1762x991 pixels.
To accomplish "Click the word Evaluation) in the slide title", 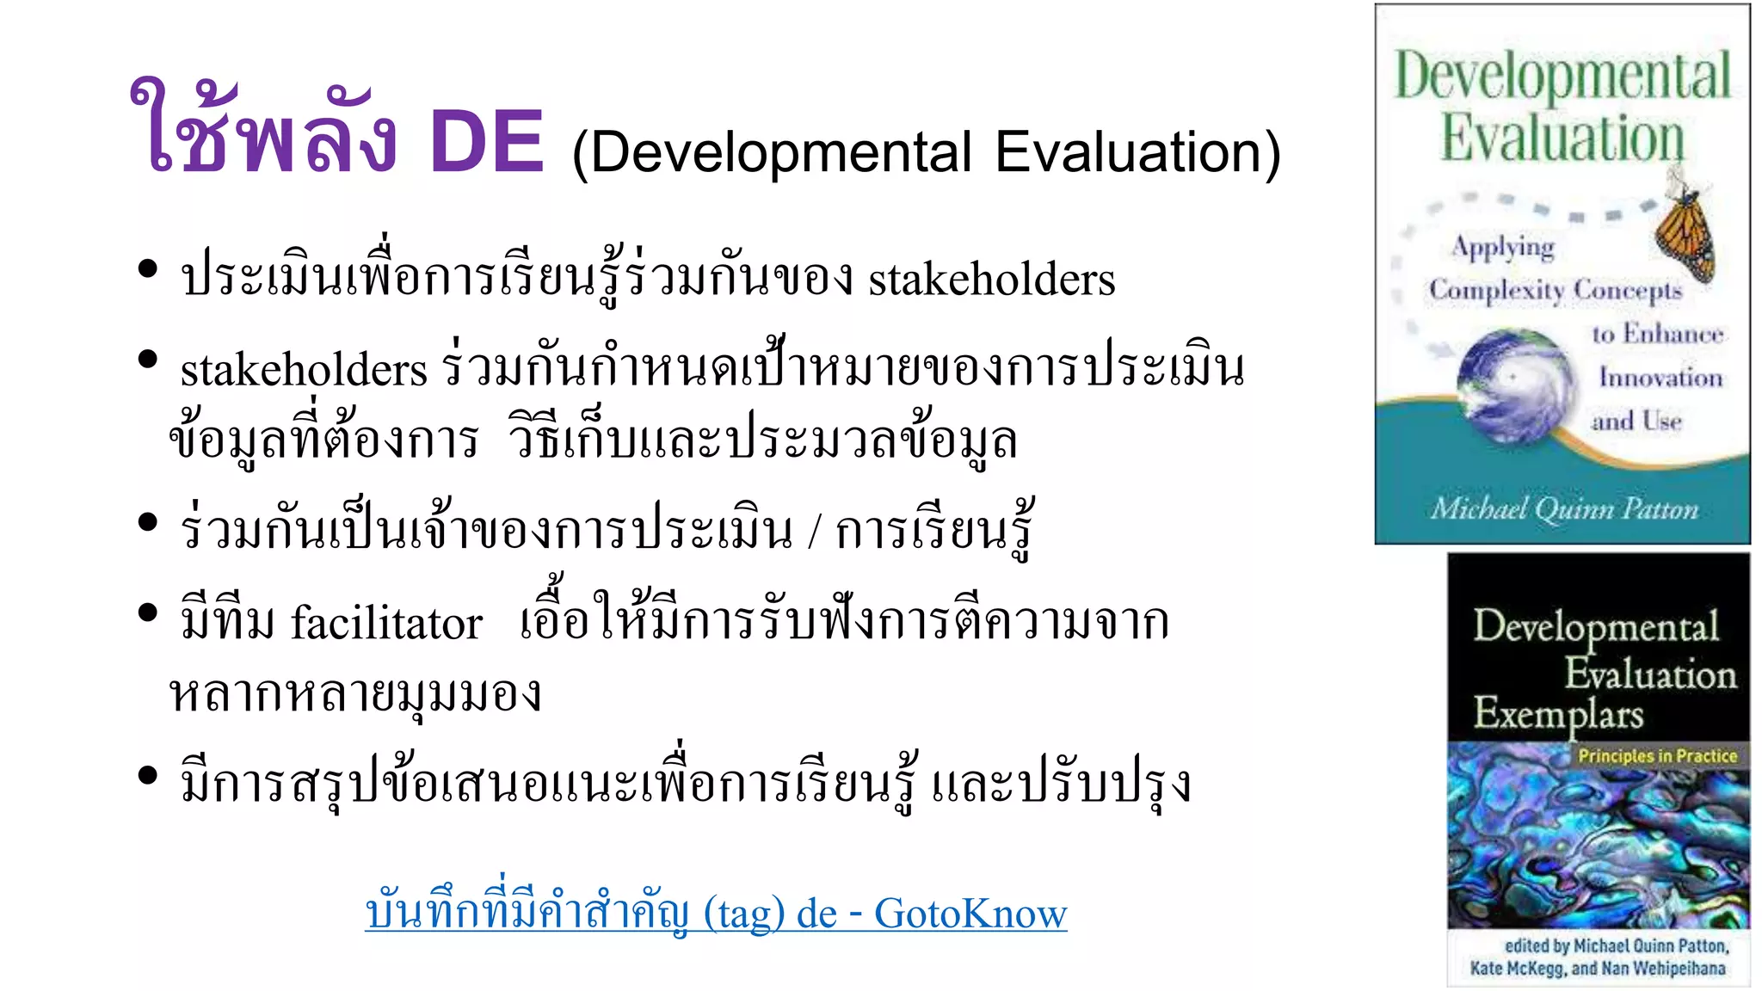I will click(1137, 152).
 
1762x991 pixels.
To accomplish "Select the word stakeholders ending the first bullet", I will click(991, 280).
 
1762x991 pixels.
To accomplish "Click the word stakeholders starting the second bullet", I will click(304, 370).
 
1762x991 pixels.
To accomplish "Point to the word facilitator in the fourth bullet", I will click(386, 622).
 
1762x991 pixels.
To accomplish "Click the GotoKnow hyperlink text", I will click(970, 913).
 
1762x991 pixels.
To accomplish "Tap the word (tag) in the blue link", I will click(744, 913).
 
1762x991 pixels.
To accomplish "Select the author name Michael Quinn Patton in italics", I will click(1564, 509).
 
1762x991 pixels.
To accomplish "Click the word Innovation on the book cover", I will click(1660, 377).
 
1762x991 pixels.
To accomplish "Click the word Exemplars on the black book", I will click(1558, 713).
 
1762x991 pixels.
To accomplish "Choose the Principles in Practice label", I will click(1657, 756).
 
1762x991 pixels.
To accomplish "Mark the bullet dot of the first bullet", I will click(148, 268).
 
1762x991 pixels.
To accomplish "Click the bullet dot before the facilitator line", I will click(148, 612).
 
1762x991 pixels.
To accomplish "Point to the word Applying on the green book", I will click(1503, 248).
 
